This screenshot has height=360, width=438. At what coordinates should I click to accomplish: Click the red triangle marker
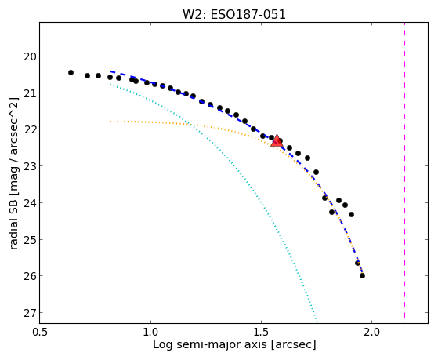277,140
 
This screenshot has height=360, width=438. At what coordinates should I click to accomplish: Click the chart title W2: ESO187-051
234,14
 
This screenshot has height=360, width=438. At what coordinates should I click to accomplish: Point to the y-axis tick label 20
29,56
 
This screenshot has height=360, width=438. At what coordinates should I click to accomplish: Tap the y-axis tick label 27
29,313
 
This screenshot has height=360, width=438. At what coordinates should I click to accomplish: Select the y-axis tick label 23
29,166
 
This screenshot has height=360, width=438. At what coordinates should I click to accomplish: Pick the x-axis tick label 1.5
261,332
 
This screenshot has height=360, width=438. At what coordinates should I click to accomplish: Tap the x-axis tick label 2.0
372,332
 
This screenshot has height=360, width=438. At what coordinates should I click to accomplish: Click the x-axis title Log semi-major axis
210,344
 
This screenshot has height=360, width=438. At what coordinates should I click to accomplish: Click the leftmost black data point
71,72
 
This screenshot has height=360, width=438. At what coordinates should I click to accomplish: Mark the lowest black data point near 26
362,275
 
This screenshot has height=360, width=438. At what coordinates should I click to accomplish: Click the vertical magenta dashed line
404,170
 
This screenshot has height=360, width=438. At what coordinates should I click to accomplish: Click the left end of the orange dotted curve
110,122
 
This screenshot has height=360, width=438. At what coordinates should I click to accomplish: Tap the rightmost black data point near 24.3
351,215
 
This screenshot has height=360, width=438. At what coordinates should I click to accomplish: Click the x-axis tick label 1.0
151,332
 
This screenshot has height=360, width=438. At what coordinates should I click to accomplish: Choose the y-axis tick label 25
29,239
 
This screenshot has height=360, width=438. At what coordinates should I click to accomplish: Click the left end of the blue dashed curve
110,71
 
